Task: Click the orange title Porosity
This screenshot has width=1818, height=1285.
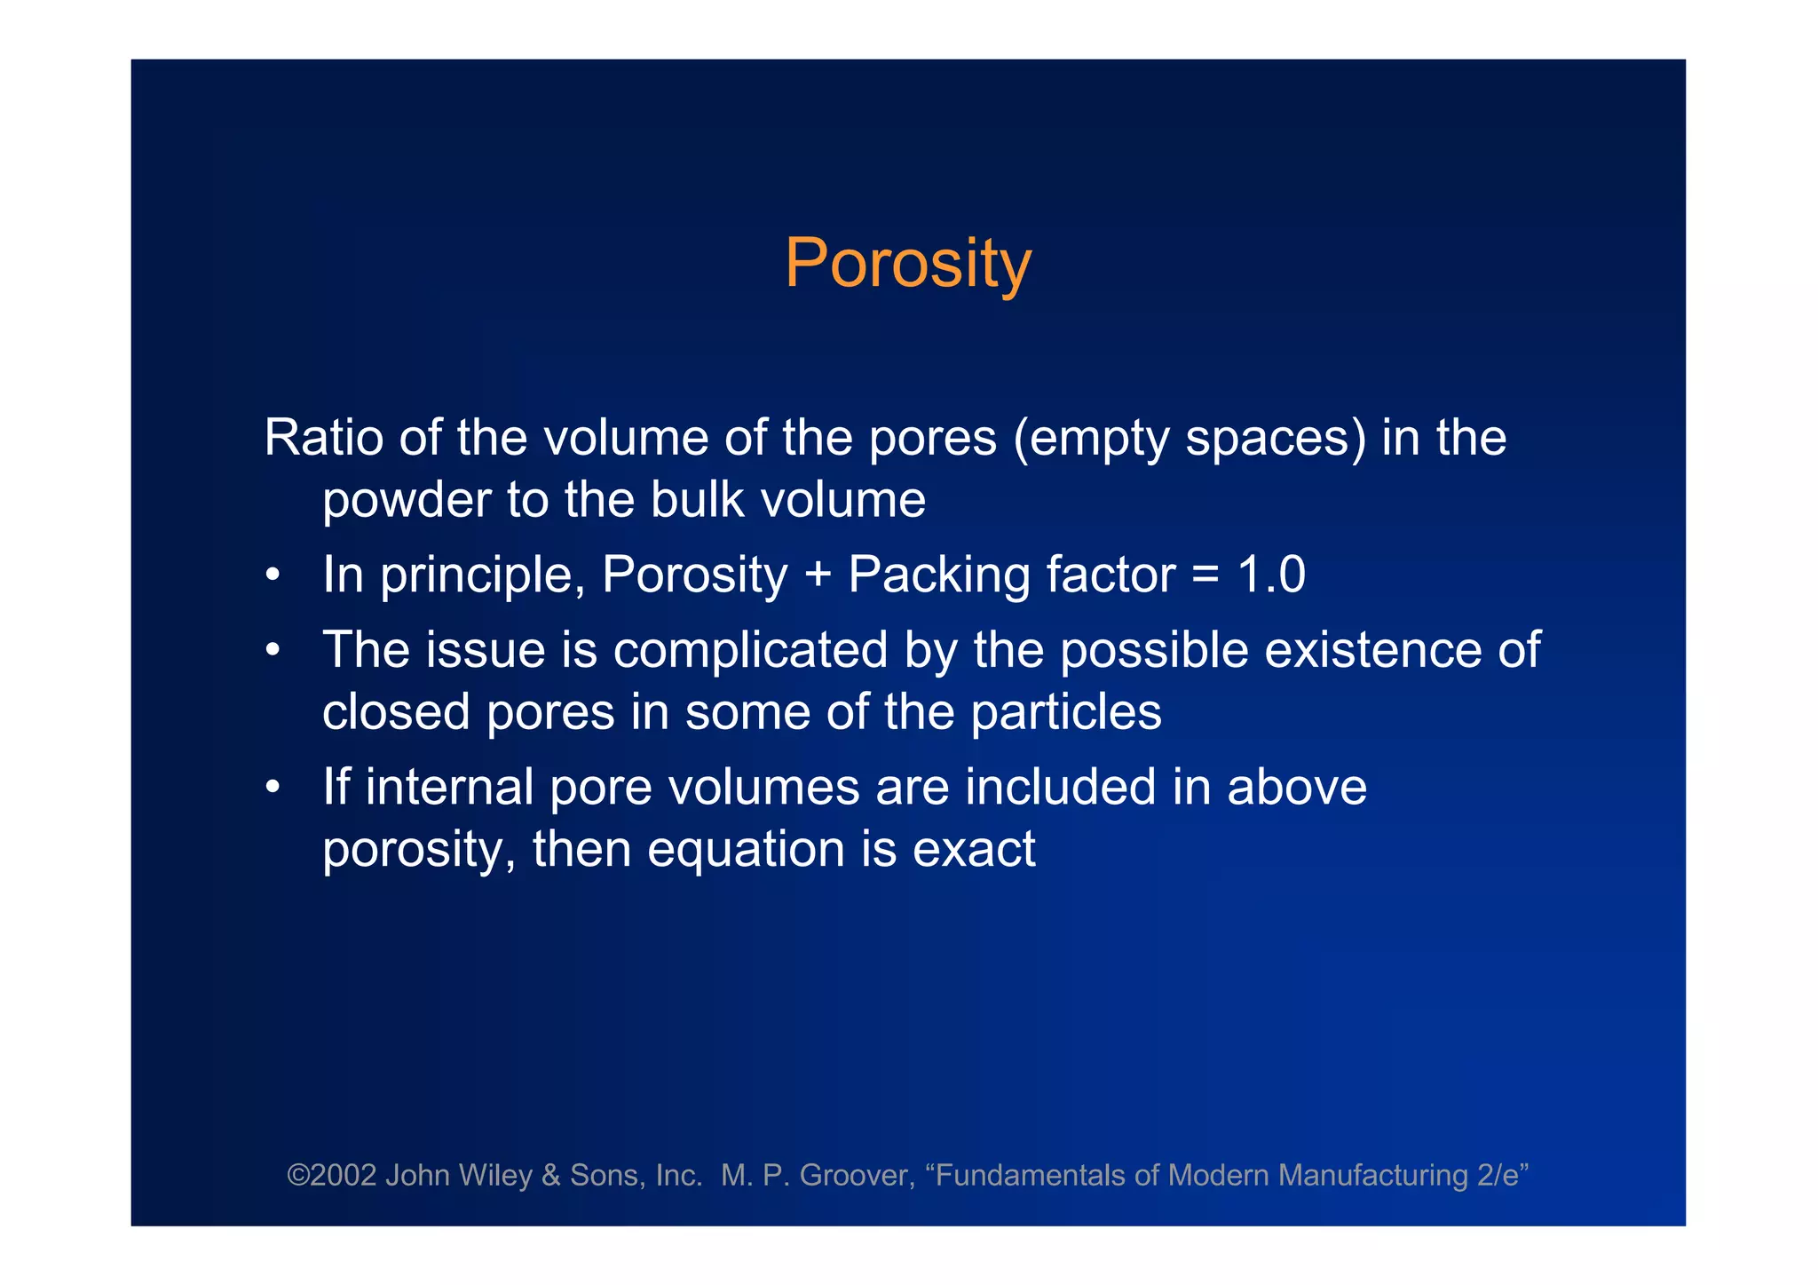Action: pyautogui.click(x=907, y=265)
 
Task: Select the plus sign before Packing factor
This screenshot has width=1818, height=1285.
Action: pyautogui.click(x=818, y=575)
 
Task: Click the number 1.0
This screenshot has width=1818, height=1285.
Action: pyautogui.click(x=1271, y=575)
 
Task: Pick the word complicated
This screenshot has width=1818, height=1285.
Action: pyautogui.click(x=750, y=650)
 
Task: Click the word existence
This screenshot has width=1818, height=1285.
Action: pyautogui.click(x=1372, y=650)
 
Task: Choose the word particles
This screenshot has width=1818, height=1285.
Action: pyautogui.click(x=1065, y=712)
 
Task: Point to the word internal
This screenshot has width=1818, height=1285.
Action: pyautogui.click(x=449, y=787)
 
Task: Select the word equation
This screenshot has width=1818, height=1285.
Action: pyautogui.click(x=746, y=850)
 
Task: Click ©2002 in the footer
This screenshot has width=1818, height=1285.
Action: pyautogui.click(x=331, y=1175)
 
